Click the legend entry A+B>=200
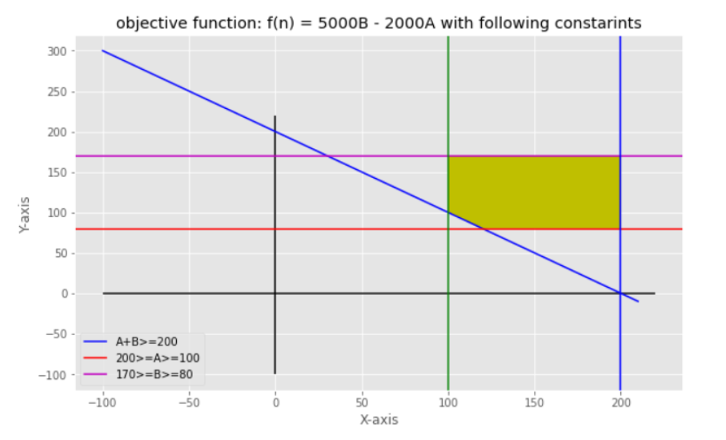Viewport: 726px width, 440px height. point(152,342)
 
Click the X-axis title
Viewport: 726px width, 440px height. point(379,420)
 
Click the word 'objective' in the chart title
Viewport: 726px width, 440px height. point(148,23)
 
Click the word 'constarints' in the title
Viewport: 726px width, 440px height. point(599,23)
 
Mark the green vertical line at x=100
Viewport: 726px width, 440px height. point(448,321)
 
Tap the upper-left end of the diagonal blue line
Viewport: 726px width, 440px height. point(102,50)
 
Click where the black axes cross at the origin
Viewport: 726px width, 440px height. point(275,293)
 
